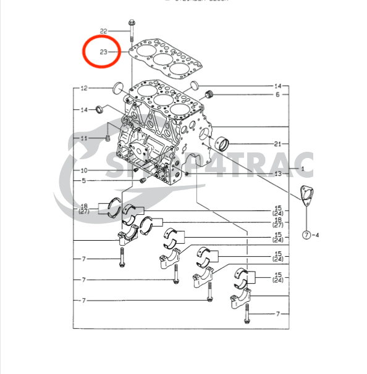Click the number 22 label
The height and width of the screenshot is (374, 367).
point(103,30)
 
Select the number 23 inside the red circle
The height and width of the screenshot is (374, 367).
point(103,52)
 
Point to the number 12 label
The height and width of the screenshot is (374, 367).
point(84,88)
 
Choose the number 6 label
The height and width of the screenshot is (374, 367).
point(278,94)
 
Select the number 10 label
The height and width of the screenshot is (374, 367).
point(84,170)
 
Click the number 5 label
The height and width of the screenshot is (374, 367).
point(84,181)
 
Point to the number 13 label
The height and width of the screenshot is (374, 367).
point(278,175)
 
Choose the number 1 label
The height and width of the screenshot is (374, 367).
point(303,168)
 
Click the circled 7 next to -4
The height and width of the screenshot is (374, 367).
point(306,235)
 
